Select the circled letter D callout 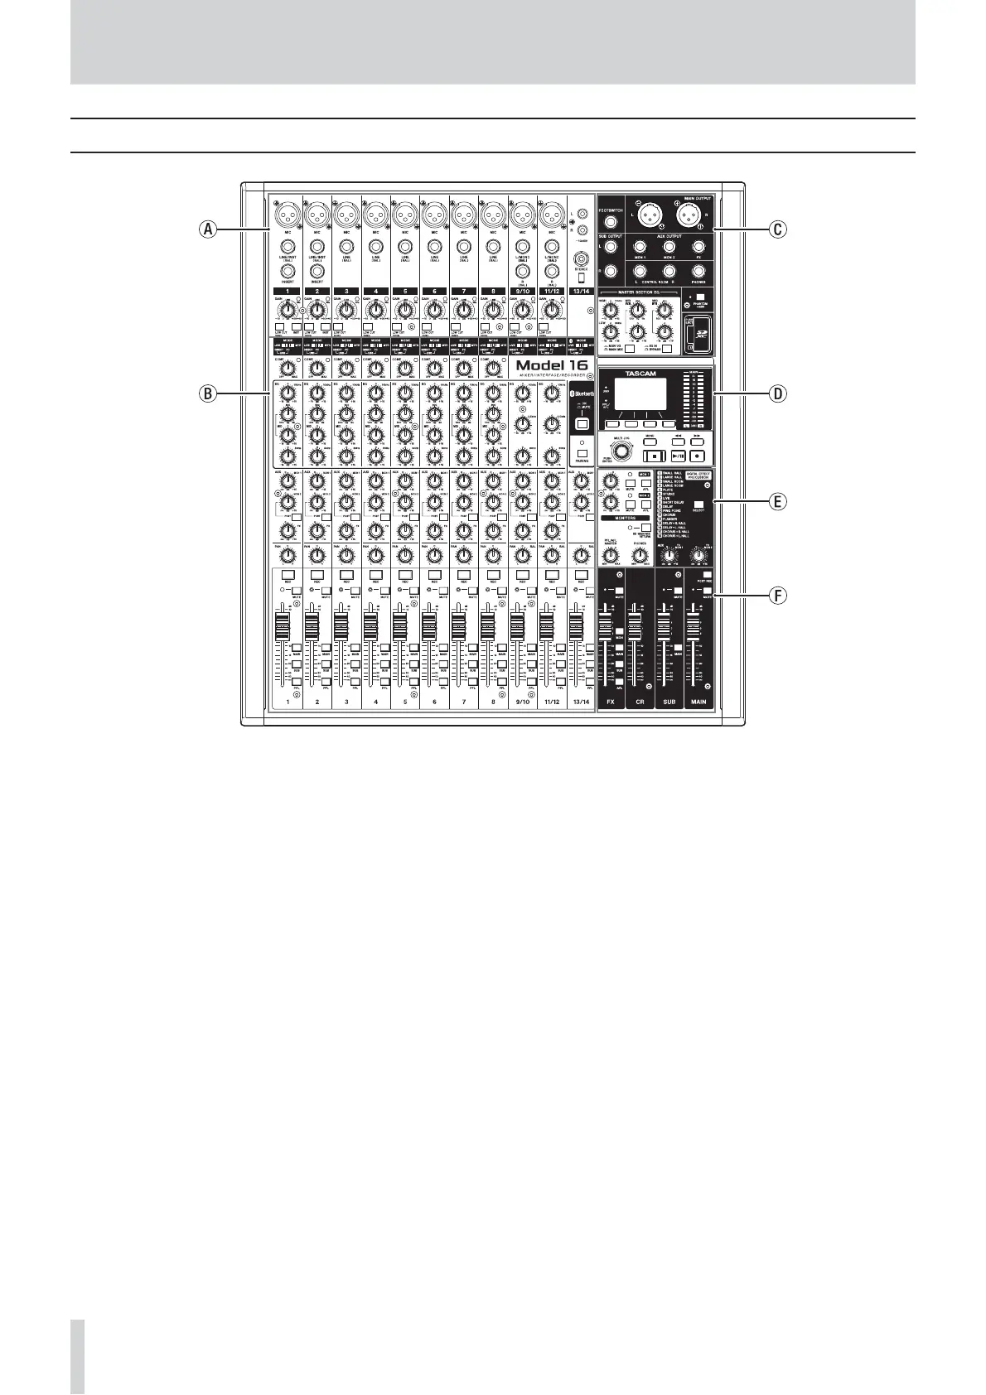(777, 393)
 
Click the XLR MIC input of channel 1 (287, 215)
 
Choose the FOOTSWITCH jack (610, 222)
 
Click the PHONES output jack (698, 270)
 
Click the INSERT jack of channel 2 (317, 270)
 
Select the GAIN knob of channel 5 (404, 310)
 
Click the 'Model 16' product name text (552, 365)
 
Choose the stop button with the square (654, 455)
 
